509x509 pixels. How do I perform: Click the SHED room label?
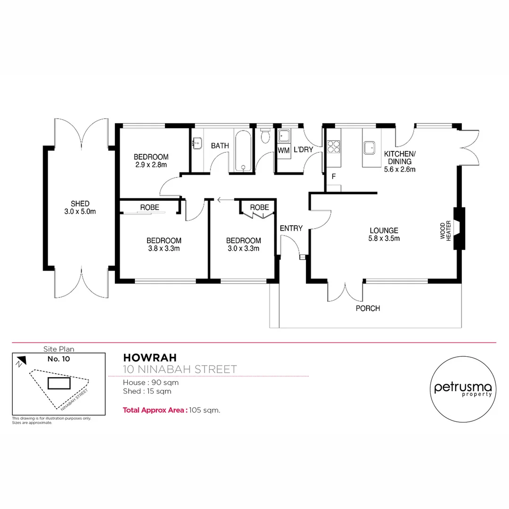(80, 207)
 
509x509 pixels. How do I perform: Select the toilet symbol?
(265, 136)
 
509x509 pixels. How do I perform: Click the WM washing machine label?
(283, 151)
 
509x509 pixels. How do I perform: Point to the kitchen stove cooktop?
(334, 147)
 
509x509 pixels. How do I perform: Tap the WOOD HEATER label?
(445, 232)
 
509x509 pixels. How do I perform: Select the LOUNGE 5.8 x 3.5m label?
(384, 234)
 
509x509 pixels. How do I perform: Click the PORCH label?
(368, 309)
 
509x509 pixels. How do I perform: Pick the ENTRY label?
(291, 229)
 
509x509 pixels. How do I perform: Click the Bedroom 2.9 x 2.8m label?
(151, 161)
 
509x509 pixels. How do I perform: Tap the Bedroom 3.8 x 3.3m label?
(164, 244)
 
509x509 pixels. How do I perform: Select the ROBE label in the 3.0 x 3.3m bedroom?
(259, 207)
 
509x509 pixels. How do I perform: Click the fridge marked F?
(333, 177)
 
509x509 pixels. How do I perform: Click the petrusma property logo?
(464, 389)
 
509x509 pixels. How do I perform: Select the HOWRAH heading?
(140, 358)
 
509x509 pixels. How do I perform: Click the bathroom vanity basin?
(197, 141)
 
